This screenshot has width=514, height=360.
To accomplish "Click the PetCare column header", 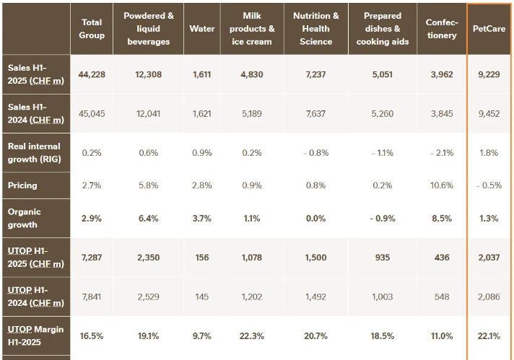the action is click(489, 29).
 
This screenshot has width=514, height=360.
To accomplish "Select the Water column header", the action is click(202, 29).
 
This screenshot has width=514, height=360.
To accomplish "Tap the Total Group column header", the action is click(92, 29).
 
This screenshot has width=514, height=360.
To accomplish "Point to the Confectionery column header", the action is click(442, 29).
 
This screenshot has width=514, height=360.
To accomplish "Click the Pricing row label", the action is click(22, 185).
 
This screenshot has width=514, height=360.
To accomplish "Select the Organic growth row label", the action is click(25, 218).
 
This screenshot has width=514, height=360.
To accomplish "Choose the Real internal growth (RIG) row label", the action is click(35, 153).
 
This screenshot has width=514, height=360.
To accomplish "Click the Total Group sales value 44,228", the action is click(92, 75).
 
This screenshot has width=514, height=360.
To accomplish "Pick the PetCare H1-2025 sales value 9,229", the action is click(489, 75).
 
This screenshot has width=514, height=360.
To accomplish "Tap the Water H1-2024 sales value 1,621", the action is click(202, 114).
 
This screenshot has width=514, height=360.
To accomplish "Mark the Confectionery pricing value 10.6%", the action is click(442, 185).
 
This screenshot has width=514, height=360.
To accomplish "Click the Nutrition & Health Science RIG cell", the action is click(315, 153).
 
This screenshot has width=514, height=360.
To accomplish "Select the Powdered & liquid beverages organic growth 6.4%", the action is click(149, 219).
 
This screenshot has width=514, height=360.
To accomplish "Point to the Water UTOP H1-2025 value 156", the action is click(202, 258).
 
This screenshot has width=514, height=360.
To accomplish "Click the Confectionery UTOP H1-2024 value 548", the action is click(442, 297).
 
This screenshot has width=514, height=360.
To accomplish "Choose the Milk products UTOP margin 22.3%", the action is click(252, 336).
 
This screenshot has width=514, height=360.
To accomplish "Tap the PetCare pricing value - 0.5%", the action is click(489, 185).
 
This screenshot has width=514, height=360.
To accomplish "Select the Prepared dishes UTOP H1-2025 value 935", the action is click(383, 258).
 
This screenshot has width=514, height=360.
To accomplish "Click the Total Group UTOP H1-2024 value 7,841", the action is click(92, 297).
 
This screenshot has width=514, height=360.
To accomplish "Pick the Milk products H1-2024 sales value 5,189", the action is click(252, 114).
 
